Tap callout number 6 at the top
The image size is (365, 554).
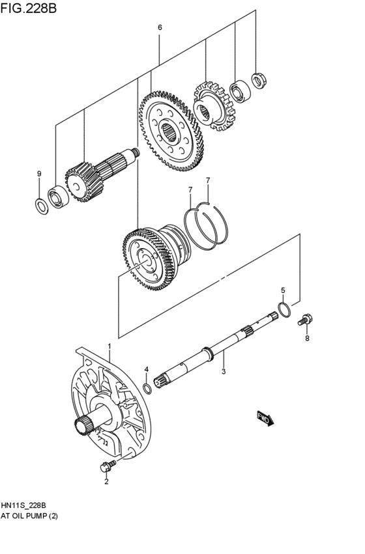pos(160,27)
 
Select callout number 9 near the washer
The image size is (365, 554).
pos(39,174)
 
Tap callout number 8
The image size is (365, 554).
pos(307,338)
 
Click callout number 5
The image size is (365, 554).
pos(283,290)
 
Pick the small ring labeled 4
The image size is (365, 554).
pos(148,389)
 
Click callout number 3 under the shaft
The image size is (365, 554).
pos(223,372)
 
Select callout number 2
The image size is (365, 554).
pos(106,482)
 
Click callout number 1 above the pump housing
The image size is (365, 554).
pos(109,346)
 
